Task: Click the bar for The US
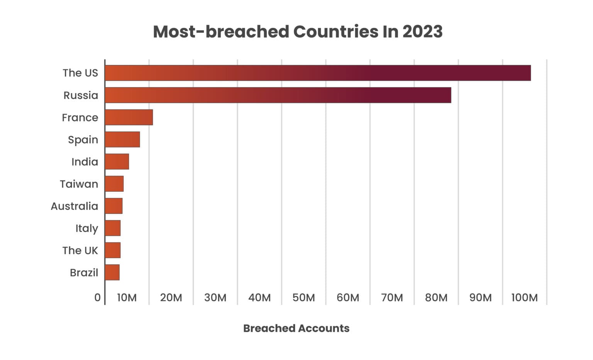pyautogui.click(x=317, y=73)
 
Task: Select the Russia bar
pyautogui.click(x=278, y=95)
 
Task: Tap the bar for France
pyautogui.click(x=129, y=117)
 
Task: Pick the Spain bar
pyautogui.click(x=122, y=139)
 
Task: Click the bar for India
pyautogui.click(x=117, y=162)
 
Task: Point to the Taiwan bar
pyautogui.click(x=114, y=184)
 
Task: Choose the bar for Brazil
pyautogui.click(x=112, y=272)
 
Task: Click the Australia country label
pyautogui.click(x=75, y=206)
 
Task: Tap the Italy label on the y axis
pyautogui.click(x=86, y=228)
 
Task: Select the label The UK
pyautogui.click(x=80, y=250)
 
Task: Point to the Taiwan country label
pyautogui.click(x=79, y=184)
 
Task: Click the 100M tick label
pyautogui.click(x=524, y=297)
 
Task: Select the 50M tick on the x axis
pyautogui.click(x=303, y=297)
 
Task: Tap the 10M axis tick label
pyautogui.click(x=127, y=297)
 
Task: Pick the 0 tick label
pyautogui.click(x=97, y=297)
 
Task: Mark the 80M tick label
pyautogui.click(x=436, y=297)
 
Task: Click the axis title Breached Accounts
pyautogui.click(x=296, y=328)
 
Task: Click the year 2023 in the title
pyautogui.click(x=422, y=32)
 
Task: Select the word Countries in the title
pyautogui.click(x=335, y=32)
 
